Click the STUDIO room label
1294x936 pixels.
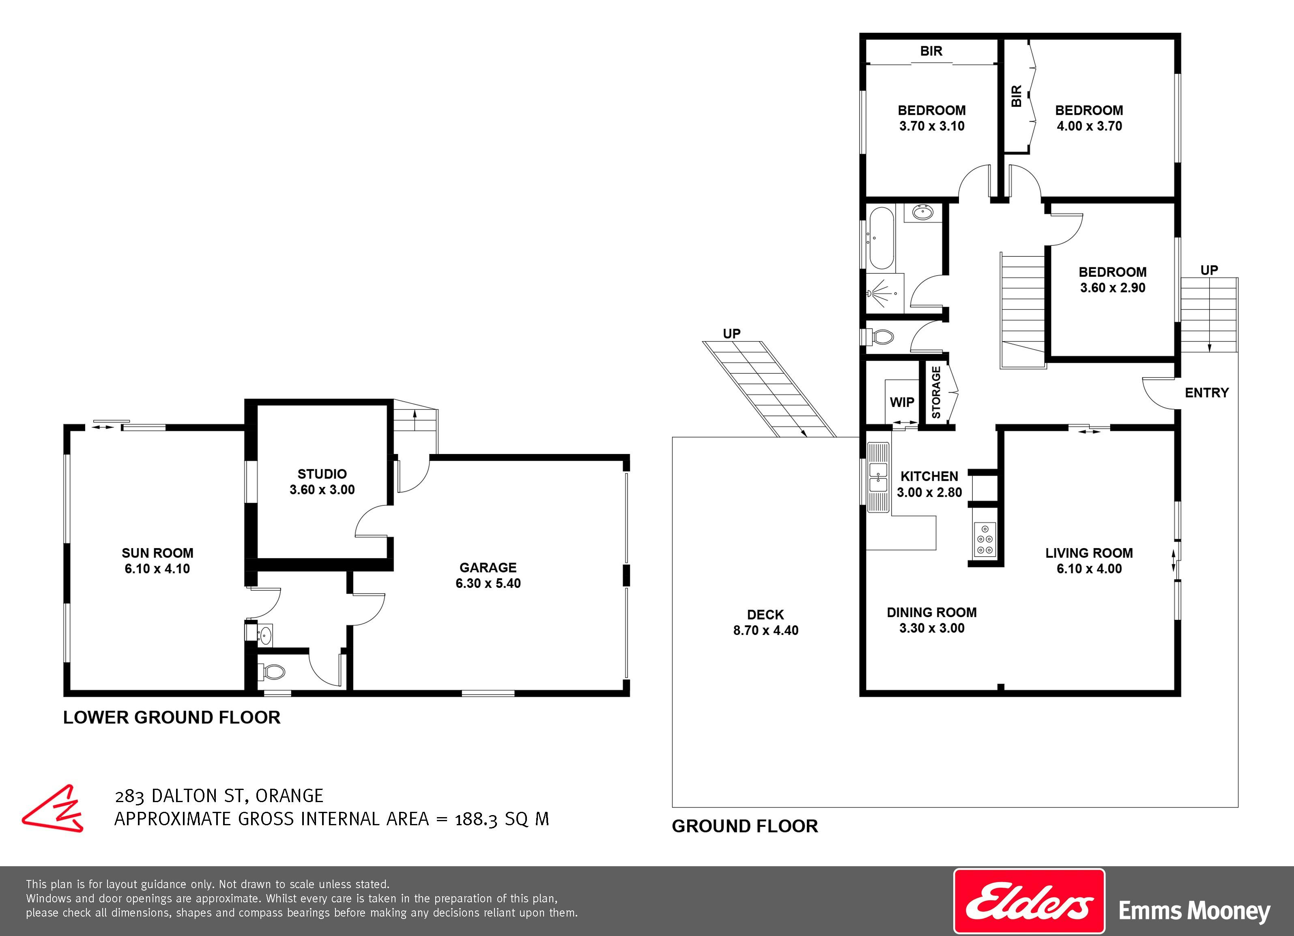click(322, 474)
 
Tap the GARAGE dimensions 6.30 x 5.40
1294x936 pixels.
click(488, 583)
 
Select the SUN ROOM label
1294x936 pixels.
click(157, 553)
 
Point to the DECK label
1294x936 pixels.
click(766, 615)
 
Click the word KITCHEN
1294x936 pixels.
click(929, 476)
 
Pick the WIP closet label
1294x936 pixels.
click(902, 402)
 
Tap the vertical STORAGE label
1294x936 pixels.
click(936, 393)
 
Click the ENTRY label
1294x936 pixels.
click(1207, 393)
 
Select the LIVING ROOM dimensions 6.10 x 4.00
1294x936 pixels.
click(1089, 568)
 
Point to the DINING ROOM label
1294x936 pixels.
click(932, 612)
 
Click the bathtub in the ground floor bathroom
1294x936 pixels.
click(881, 238)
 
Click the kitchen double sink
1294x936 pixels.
click(878, 477)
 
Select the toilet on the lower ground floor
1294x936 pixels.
click(272, 672)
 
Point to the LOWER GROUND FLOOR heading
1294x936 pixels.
click(172, 717)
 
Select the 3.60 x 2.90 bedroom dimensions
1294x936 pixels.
click(1113, 288)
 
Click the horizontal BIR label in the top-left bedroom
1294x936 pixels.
click(931, 51)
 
